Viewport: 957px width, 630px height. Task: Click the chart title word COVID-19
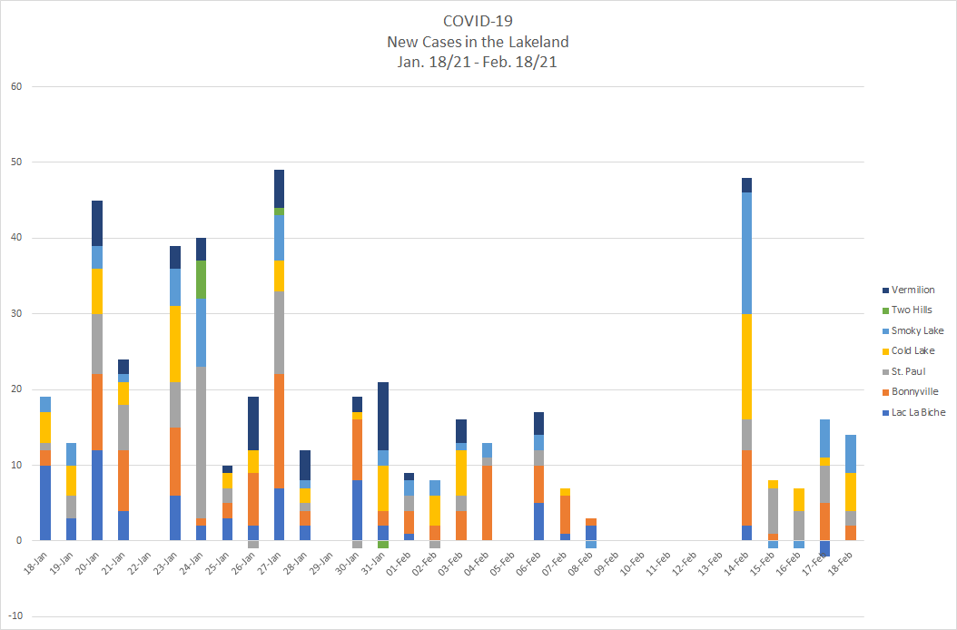pyautogui.click(x=478, y=21)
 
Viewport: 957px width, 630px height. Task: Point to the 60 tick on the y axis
pyautogui.click(x=16, y=87)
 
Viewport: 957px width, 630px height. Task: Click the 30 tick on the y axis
pyautogui.click(x=16, y=314)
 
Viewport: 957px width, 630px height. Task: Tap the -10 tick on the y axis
pyautogui.click(x=15, y=616)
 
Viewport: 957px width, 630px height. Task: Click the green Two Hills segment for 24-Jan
pyautogui.click(x=202, y=280)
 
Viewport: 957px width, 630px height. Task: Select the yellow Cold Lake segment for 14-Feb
pyautogui.click(x=746, y=366)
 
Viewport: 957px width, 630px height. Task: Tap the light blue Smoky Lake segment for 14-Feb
pyautogui.click(x=746, y=253)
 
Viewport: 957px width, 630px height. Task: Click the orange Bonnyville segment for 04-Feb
pyautogui.click(x=488, y=503)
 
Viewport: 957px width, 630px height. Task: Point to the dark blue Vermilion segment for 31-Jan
pyautogui.click(x=383, y=416)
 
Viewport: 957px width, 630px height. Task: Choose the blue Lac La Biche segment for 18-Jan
pyautogui.click(x=45, y=503)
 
